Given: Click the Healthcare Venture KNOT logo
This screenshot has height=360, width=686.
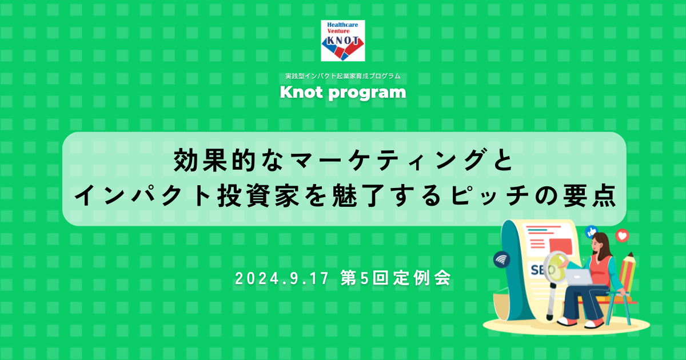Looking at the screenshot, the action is tap(342, 41).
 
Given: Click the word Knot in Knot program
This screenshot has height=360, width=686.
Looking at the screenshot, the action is tap(301, 92).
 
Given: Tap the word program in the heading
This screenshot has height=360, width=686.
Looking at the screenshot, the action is tap(367, 93).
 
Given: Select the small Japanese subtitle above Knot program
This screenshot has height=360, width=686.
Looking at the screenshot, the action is tap(342, 76).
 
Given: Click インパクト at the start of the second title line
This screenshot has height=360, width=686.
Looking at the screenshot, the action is tap(143, 195).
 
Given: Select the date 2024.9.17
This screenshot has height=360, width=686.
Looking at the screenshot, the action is tap(282, 278).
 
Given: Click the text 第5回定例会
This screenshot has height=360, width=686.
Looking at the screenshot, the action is tap(396, 278).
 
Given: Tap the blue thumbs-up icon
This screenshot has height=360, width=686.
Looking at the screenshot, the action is tap(591, 232).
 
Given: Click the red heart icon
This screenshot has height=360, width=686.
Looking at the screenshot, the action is tap(623, 235).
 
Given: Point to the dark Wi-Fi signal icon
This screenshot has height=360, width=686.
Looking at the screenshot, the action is tap(502, 259).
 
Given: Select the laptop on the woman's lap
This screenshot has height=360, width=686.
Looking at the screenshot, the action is tap(579, 277).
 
